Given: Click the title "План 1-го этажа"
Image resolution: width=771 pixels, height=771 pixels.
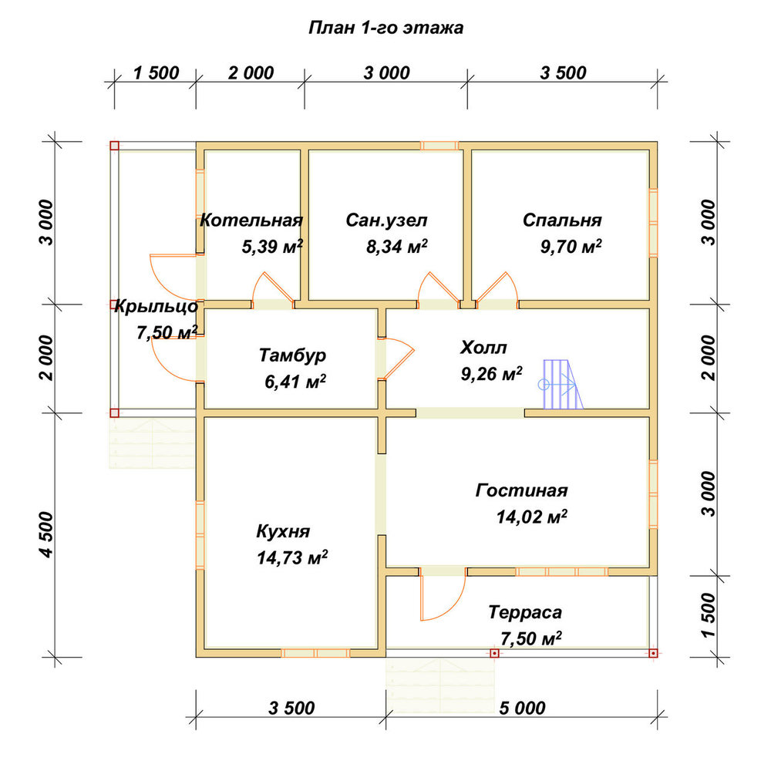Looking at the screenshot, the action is tap(386, 28).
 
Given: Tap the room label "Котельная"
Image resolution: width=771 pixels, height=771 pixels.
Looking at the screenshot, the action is tap(251, 220).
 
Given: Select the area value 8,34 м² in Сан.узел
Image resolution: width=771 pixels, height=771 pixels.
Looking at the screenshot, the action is tap(397, 246).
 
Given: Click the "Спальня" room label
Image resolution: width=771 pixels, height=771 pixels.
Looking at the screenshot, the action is tap(562, 221).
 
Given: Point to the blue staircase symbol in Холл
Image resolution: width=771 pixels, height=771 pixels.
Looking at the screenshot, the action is tap(561, 384).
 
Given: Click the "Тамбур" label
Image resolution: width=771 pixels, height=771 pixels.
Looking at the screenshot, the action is tap(292, 355).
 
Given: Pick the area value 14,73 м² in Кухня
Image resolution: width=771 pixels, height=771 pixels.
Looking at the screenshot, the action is tap(292, 557).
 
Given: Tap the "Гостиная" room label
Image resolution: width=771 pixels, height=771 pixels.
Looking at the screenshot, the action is tap(522, 490).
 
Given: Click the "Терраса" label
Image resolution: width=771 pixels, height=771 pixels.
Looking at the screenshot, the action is tap(525, 612).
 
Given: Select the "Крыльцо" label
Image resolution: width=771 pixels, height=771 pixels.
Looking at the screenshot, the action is tap(157, 307).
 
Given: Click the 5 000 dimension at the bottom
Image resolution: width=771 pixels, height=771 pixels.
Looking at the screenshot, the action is tap(522, 708).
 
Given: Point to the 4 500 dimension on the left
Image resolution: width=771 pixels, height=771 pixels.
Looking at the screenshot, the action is tap(47, 535).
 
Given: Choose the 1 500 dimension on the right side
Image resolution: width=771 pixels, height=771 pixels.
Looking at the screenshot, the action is tap(709, 615).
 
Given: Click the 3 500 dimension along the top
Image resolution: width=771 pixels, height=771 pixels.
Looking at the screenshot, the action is tap(563, 73).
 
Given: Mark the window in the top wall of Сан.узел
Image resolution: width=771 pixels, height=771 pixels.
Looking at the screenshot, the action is tap(439, 146).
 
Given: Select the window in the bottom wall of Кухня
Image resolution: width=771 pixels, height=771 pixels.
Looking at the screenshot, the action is tap(315, 653).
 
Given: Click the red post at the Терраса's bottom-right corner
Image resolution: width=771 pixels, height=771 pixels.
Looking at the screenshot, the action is tap(653, 653).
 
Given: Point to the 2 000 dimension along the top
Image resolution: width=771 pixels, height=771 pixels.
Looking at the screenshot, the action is tap(251, 73).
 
